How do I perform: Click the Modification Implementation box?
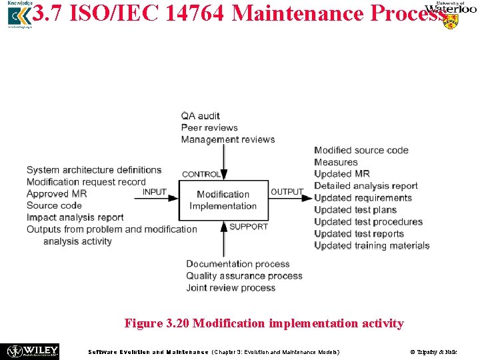(x=223, y=200)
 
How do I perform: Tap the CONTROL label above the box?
(x=201, y=174)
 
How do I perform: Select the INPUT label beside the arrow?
(x=155, y=192)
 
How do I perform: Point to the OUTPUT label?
(x=287, y=192)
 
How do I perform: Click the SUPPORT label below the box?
(x=249, y=227)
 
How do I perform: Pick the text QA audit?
(x=200, y=116)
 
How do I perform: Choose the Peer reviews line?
(x=209, y=127)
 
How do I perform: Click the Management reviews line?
(x=228, y=139)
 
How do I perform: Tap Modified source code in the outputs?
(x=361, y=150)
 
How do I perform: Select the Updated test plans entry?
(x=355, y=210)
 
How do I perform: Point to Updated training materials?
(x=372, y=245)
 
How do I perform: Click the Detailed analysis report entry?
(x=366, y=186)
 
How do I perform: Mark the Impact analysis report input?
(x=75, y=217)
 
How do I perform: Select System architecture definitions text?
(x=94, y=170)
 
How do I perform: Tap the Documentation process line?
(x=238, y=264)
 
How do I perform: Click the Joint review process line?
(x=231, y=288)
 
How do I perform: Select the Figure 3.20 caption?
(x=264, y=323)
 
